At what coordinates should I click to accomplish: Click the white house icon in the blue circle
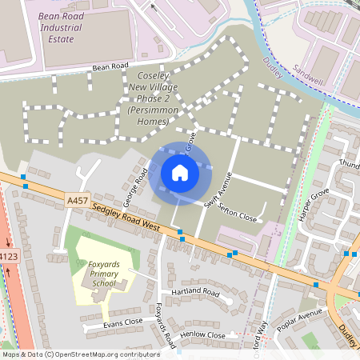point(179,173)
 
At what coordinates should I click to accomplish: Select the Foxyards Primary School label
point(103,273)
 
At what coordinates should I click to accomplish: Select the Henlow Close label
point(203,335)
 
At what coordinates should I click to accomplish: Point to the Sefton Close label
point(238,211)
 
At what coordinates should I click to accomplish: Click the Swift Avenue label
point(216,193)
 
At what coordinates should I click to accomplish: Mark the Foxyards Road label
point(165,326)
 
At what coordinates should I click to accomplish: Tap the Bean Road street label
point(110,66)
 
